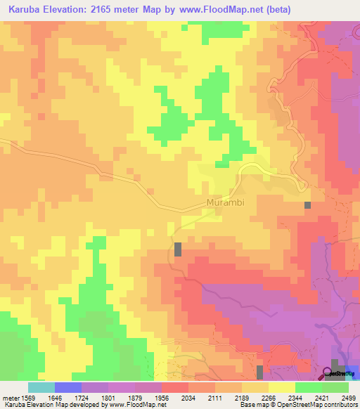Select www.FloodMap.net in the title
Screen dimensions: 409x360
click(219, 9)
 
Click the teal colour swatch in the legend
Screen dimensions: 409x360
click(41, 387)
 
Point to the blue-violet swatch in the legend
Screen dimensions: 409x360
click(67, 387)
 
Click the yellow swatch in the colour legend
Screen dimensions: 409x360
click(281, 387)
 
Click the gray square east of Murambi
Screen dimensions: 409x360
click(307, 205)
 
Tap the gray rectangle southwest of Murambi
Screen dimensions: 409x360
click(178, 249)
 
